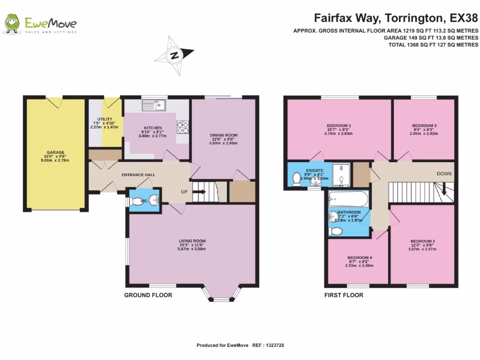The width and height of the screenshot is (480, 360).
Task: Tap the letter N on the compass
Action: pos(174,55)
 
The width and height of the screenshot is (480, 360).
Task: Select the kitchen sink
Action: pos(154,105)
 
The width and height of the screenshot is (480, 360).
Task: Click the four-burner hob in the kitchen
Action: pos(182,127)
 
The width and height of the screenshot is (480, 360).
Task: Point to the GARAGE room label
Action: pos(55,152)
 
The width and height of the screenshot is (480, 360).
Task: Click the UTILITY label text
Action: pos(105,119)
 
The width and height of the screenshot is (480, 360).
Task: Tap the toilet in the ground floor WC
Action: pos(134,202)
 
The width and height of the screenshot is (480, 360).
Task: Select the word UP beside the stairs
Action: pos(184,192)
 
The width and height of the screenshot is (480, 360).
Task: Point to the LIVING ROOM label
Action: pos(192,241)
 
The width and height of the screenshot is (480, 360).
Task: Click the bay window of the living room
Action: pos(222,294)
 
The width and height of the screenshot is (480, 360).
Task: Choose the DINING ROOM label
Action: pos(224,135)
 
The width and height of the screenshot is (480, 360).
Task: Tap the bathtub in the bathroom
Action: pos(348,199)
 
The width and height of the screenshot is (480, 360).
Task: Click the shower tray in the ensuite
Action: pos(341,175)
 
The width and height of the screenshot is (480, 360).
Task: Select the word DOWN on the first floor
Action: pos(444,173)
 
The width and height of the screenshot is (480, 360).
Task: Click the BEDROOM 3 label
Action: pos(424,126)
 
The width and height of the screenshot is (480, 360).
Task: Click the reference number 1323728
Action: pos(275,345)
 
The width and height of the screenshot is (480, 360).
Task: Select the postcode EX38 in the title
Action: pos(464,18)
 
